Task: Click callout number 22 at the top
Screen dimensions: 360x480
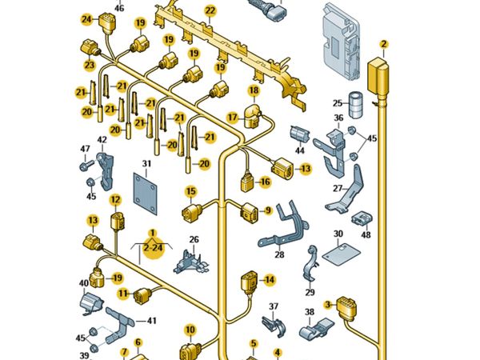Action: pyautogui.click(x=210, y=10)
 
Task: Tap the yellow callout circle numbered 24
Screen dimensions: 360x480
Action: pyautogui.click(x=86, y=19)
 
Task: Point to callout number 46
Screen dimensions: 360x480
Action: pyautogui.click(x=120, y=8)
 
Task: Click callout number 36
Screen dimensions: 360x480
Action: pyautogui.click(x=338, y=118)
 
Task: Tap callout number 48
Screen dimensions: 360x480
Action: pyautogui.click(x=366, y=235)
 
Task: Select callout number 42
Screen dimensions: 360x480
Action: pyautogui.click(x=102, y=140)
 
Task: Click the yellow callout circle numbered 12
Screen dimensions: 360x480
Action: pyautogui.click(x=115, y=200)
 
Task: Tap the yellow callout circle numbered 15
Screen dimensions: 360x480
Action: pyautogui.click(x=191, y=191)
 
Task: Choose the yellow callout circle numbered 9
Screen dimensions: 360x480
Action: pyautogui.click(x=268, y=210)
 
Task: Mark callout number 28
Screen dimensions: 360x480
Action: pyautogui.click(x=279, y=254)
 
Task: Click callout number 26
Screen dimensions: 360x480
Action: pyautogui.click(x=194, y=239)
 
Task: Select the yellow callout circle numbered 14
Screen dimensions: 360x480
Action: pyautogui.click(x=269, y=279)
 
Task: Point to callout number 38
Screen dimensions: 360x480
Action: pyautogui.click(x=310, y=313)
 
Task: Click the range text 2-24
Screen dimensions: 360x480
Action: pyautogui.click(x=152, y=249)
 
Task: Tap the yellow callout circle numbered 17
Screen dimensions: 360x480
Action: pyautogui.click(x=232, y=118)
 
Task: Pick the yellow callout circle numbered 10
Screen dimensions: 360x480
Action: pyautogui.click(x=190, y=329)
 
